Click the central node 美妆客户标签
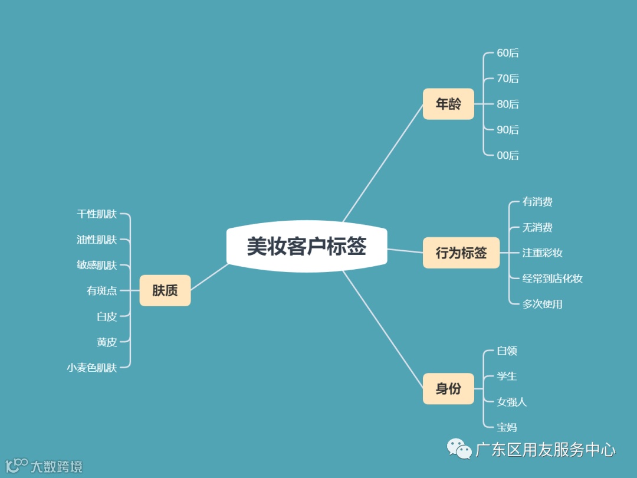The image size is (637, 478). click(x=307, y=247)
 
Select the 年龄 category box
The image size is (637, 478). click(x=448, y=104)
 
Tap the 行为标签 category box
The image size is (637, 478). click(x=461, y=253)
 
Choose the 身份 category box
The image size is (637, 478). click(x=448, y=389)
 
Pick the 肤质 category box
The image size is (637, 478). click(x=165, y=290)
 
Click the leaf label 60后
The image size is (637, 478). click(x=508, y=53)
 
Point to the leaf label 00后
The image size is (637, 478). click(x=508, y=155)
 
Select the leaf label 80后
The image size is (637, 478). click(x=508, y=104)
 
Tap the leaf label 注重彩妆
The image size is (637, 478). click(x=543, y=253)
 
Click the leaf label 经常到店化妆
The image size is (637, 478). click(x=553, y=279)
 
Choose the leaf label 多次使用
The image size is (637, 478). click(x=543, y=304)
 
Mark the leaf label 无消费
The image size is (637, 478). click(x=537, y=227)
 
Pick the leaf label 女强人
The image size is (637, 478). click(x=512, y=402)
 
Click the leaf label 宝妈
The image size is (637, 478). click(x=507, y=427)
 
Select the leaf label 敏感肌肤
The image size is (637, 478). click(x=97, y=265)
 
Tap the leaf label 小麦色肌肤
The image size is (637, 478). click(x=92, y=368)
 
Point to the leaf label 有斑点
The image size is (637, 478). click(x=102, y=290)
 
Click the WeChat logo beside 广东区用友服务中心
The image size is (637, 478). click(x=458, y=449)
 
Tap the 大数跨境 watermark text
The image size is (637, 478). click(x=57, y=467)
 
